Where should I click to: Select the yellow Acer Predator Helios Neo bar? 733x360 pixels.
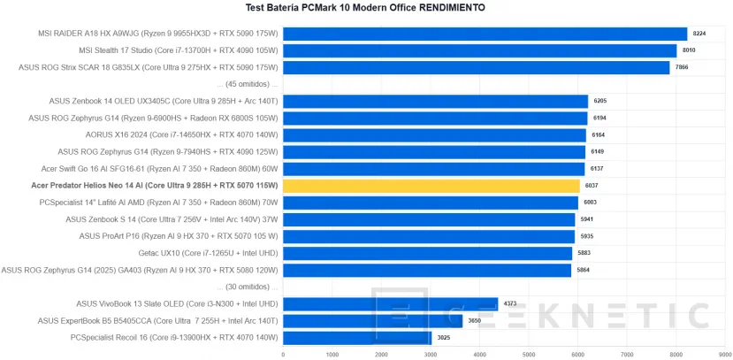coord(431,186)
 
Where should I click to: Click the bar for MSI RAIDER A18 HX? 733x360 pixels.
coord(485,34)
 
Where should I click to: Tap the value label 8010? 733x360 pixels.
coord(689,50)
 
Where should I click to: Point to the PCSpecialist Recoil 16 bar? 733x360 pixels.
coord(356,337)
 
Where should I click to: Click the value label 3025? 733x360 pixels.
coord(443,337)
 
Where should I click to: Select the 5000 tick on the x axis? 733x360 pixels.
coord(529,354)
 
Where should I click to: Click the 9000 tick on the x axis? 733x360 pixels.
coord(724,354)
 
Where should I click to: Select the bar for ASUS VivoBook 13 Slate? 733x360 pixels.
coord(390,303)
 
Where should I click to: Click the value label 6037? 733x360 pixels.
coord(592,186)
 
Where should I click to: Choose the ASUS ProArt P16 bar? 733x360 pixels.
coord(428,236)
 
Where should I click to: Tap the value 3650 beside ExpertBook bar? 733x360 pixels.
coord(474,320)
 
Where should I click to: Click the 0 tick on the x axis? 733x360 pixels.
coord(283,354)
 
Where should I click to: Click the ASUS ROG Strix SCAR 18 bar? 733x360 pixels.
coord(476,67)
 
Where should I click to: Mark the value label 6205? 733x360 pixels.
coord(600,101)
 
